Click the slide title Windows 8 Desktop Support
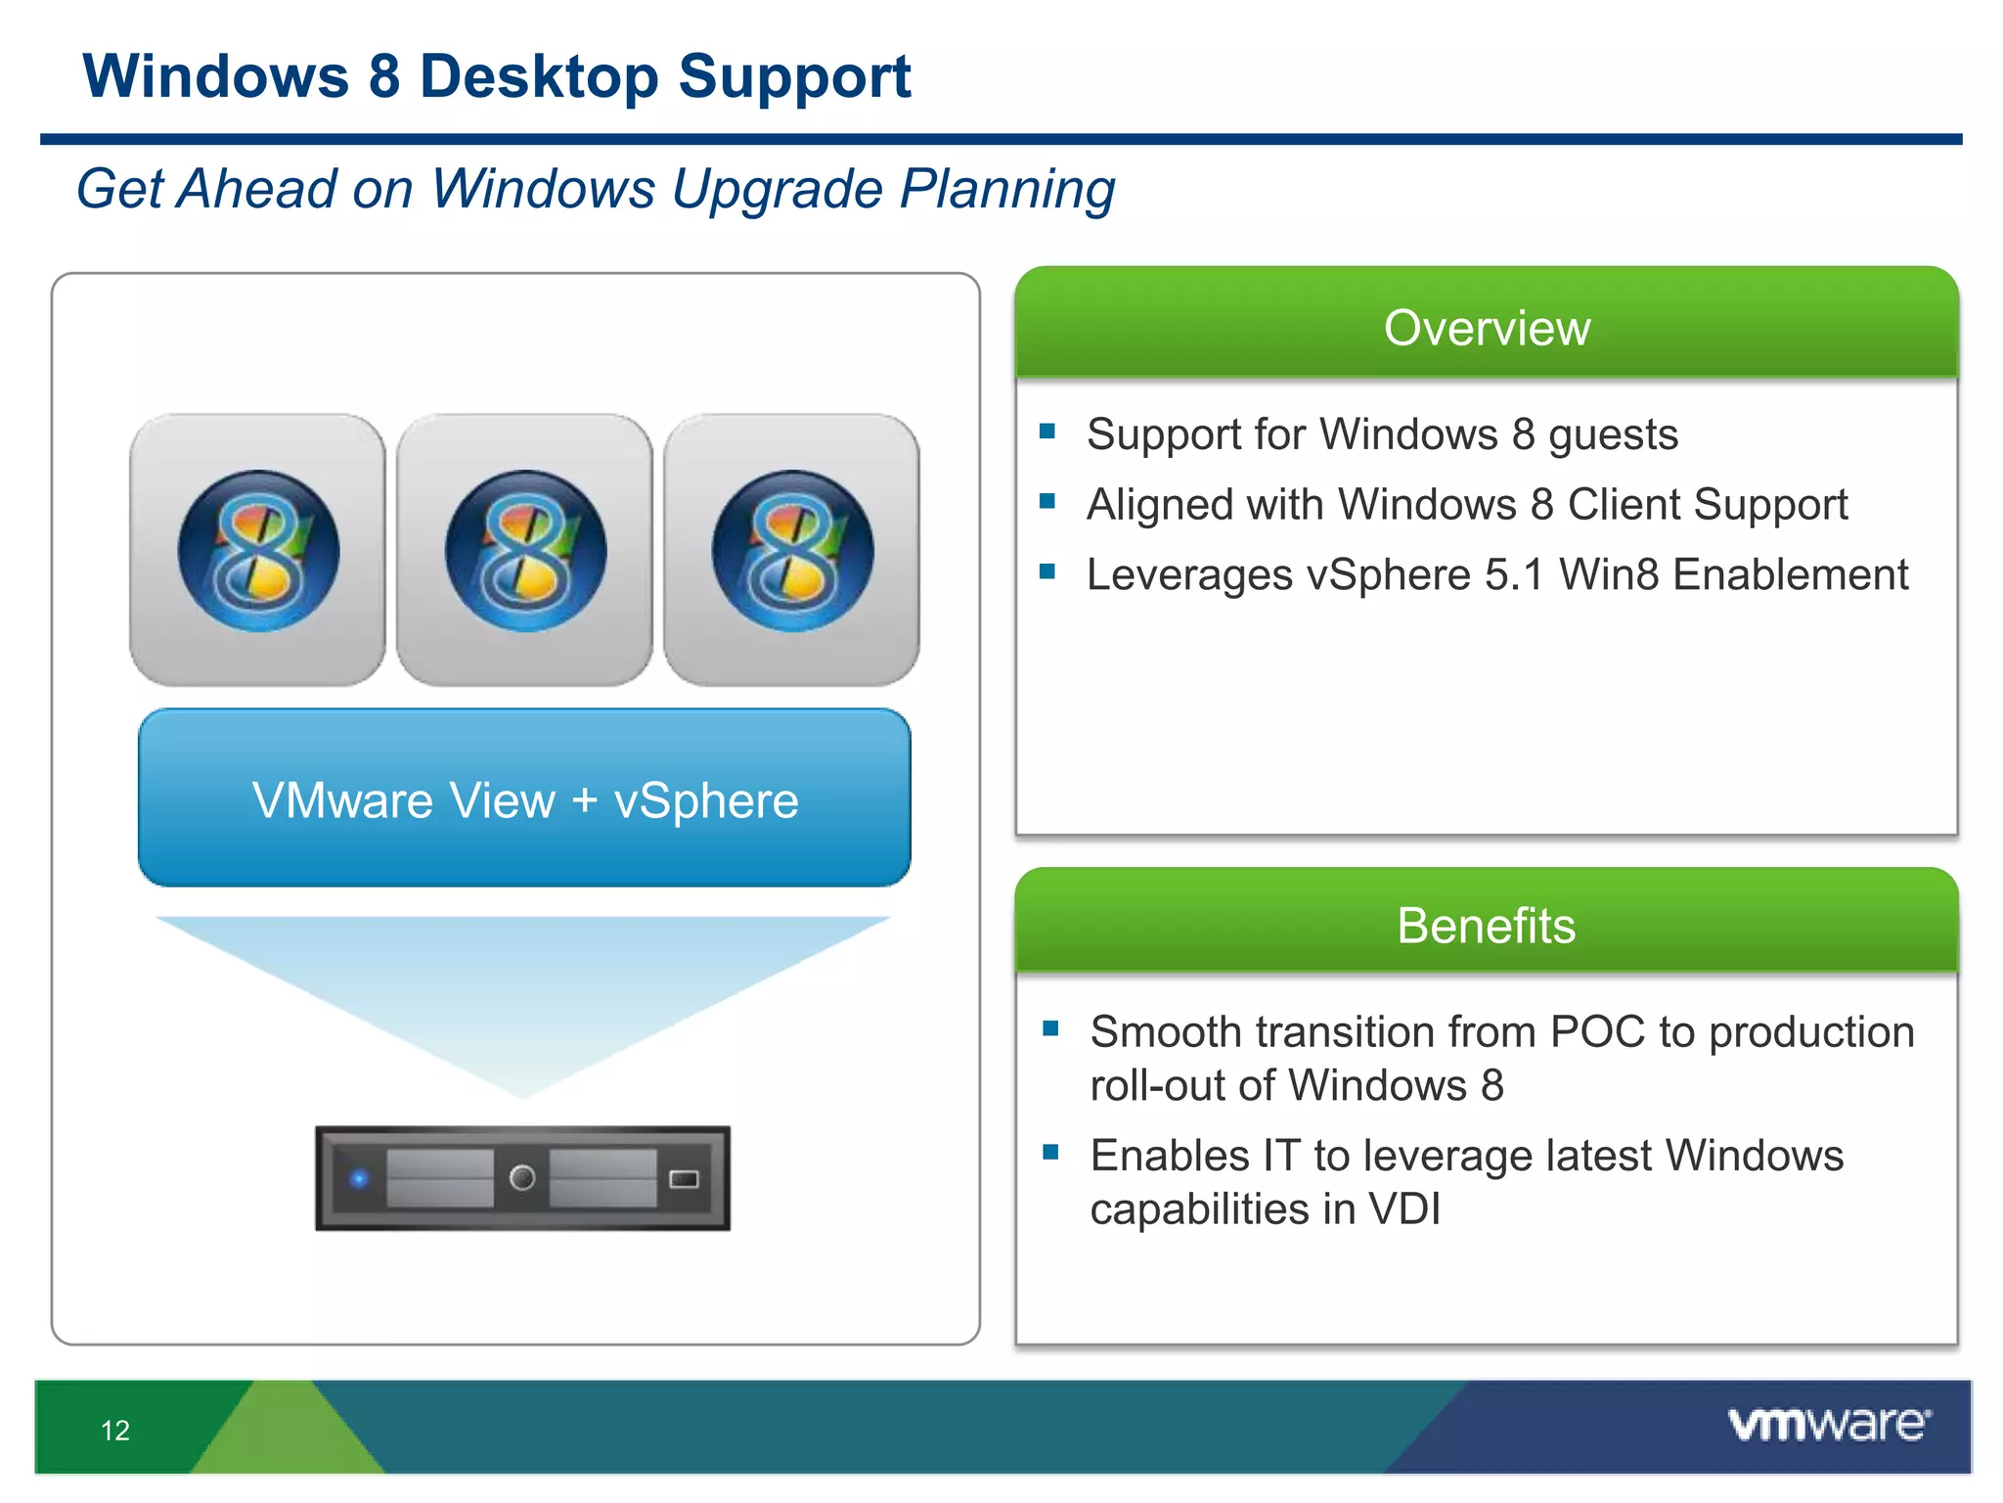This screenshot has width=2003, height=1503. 497,76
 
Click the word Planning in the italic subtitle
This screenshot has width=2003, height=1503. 1007,189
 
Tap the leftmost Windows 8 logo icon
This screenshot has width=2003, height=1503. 258,551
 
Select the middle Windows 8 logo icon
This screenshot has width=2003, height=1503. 525,551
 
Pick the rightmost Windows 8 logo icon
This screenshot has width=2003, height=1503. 792,551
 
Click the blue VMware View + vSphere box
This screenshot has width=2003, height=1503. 525,798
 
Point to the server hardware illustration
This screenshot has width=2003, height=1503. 522,1178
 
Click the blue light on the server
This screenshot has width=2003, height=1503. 360,1178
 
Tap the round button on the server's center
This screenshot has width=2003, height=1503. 522,1177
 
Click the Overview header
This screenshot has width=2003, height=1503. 1487,327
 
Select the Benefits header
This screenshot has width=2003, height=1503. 1487,925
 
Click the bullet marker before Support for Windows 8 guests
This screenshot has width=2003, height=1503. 1047,432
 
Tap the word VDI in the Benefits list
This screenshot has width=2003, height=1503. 1404,1209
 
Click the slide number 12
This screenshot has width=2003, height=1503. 115,1431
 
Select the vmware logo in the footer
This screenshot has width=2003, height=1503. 1829,1424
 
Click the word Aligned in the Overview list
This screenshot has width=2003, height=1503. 1152,505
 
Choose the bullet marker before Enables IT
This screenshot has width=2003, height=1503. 1051,1153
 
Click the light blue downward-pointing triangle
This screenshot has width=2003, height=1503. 522,988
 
